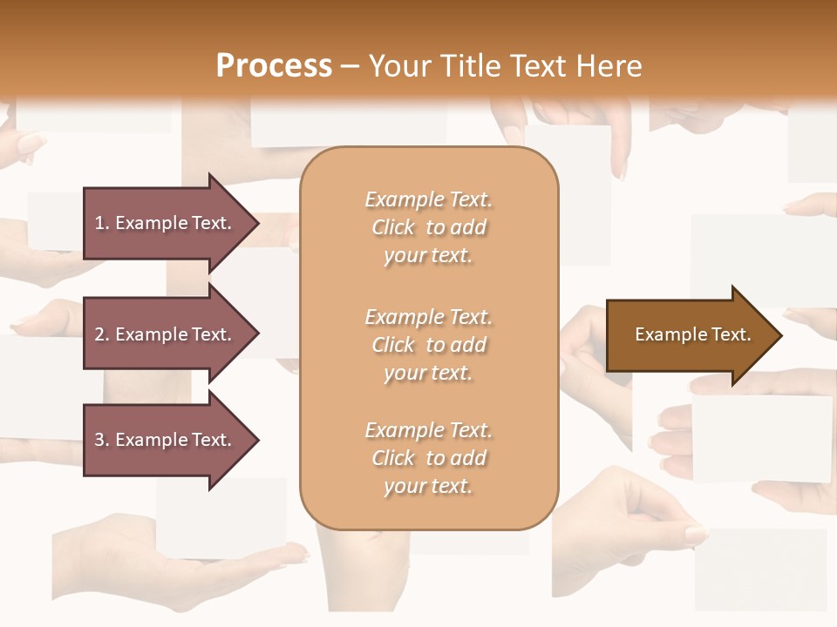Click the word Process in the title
(x=274, y=66)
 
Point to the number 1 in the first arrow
(x=99, y=223)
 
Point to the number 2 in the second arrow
(x=99, y=334)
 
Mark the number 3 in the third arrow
(x=99, y=440)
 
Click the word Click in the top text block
(x=393, y=228)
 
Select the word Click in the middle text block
(x=393, y=346)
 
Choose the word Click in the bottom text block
(x=393, y=459)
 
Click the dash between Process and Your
(x=350, y=67)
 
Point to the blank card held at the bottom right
(x=760, y=567)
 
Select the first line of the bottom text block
(x=428, y=431)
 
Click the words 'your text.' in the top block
(x=428, y=256)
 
